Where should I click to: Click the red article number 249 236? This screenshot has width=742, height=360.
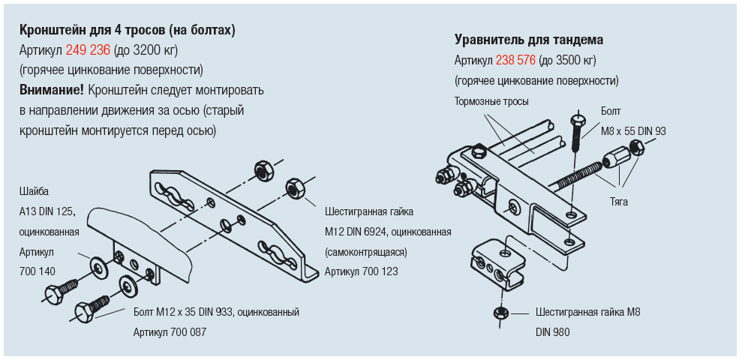click(88, 50)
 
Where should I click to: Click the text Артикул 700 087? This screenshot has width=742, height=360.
click(170, 331)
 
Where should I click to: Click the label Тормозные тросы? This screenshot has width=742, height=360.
click(491, 100)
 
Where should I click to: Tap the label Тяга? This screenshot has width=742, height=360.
click(620, 202)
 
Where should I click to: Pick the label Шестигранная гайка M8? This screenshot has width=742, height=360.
click(587, 311)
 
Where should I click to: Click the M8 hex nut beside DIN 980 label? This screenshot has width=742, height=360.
click(499, 313)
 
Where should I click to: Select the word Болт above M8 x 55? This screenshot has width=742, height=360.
click(611, 110)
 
